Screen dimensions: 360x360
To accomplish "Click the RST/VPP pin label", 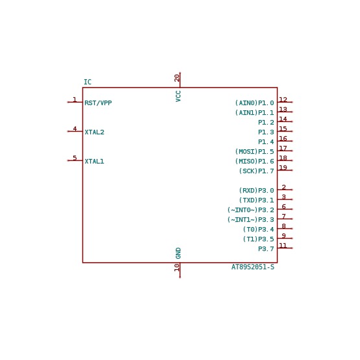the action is [98, 102].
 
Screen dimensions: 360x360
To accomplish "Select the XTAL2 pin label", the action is [94, 132].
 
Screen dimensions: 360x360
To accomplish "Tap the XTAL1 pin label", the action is [94, 161].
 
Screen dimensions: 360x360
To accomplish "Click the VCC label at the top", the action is [178, 96].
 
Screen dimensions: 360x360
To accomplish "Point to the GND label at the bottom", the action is [178, 253].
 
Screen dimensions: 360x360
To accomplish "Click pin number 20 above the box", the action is [177, 78].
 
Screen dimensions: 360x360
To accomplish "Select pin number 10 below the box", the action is [177, 267].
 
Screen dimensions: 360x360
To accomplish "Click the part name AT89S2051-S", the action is [253, 267].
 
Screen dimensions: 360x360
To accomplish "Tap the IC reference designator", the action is [88, 82].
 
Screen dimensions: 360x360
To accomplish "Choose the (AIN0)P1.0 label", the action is [255, 103].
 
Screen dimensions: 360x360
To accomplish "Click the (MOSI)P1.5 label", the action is [255, 152].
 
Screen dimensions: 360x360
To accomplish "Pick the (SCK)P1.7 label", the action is [256, 171].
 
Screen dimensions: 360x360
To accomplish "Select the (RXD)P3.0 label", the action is [256, 190].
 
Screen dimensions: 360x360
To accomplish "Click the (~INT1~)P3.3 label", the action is [251, 220].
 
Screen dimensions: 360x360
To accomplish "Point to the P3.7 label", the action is [266, 248].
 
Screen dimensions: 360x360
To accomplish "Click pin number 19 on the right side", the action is [283, 167].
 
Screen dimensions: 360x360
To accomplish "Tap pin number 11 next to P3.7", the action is [283, 245].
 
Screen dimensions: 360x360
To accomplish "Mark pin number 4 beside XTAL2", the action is [75, 128].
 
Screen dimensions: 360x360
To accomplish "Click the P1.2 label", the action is [266, 123].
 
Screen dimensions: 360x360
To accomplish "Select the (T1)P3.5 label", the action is [259, 239].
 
